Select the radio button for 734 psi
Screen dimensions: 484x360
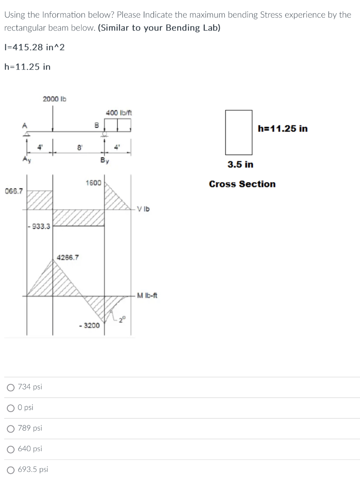pyautogui.click(x=10, y=387)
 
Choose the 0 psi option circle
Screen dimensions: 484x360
pyautogui.click(x=10, y=407)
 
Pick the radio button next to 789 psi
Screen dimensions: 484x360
pyautogui.click(x=10, y=428)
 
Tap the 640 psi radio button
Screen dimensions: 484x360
pyautogui.click(x=10, y=449)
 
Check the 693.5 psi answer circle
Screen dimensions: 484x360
pyautogui.click(x=10, y=469)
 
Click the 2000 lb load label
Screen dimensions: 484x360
pyautogui.click(x=55, y=99)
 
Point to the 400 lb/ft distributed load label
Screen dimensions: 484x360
pyautogui.click(x=119, y=113)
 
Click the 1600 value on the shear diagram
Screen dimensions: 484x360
pyautogui.click(x=93, y=183)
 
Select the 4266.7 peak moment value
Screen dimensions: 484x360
pyautogui.click(x=68, y=257)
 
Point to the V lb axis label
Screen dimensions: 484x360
pyautogui.click(x=144, y=209)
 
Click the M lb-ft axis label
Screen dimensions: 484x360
pyautogui.click(x=147, y=295)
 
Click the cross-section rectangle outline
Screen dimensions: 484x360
pyautogui.click(x=226, y=132)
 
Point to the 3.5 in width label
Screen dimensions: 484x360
pyautogui.click(x=240, y=164)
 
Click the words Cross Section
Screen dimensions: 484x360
pyautogui.click(x=242, y=184)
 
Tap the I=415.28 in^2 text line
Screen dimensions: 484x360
pyautogui.click(x=34, y=47)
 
